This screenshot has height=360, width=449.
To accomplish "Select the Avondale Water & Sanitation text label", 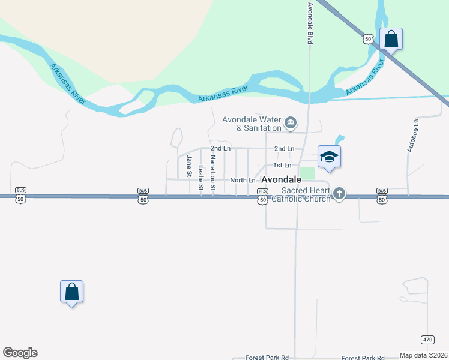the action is point(252,123).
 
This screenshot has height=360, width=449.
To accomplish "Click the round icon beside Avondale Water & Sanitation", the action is point(291,123).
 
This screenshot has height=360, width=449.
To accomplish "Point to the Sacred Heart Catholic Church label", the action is point(301,194).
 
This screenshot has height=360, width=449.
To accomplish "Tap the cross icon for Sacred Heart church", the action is point(339,193).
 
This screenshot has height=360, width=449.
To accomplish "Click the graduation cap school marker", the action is point(329,157).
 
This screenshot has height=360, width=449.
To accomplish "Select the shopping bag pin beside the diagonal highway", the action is point(391,39).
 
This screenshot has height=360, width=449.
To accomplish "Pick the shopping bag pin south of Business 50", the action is point(71,292).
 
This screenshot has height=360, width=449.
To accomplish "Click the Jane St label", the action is point(189,166).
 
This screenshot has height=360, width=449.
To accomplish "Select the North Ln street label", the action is point(243,180).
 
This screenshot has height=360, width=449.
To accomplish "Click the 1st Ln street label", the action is point(282,165).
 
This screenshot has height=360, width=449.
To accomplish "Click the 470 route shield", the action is point(427,339).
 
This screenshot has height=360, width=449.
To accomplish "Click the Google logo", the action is point(20,353).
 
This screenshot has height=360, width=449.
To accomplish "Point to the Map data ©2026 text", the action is point(423,355).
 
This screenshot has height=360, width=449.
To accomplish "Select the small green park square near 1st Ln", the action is point(307,173).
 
